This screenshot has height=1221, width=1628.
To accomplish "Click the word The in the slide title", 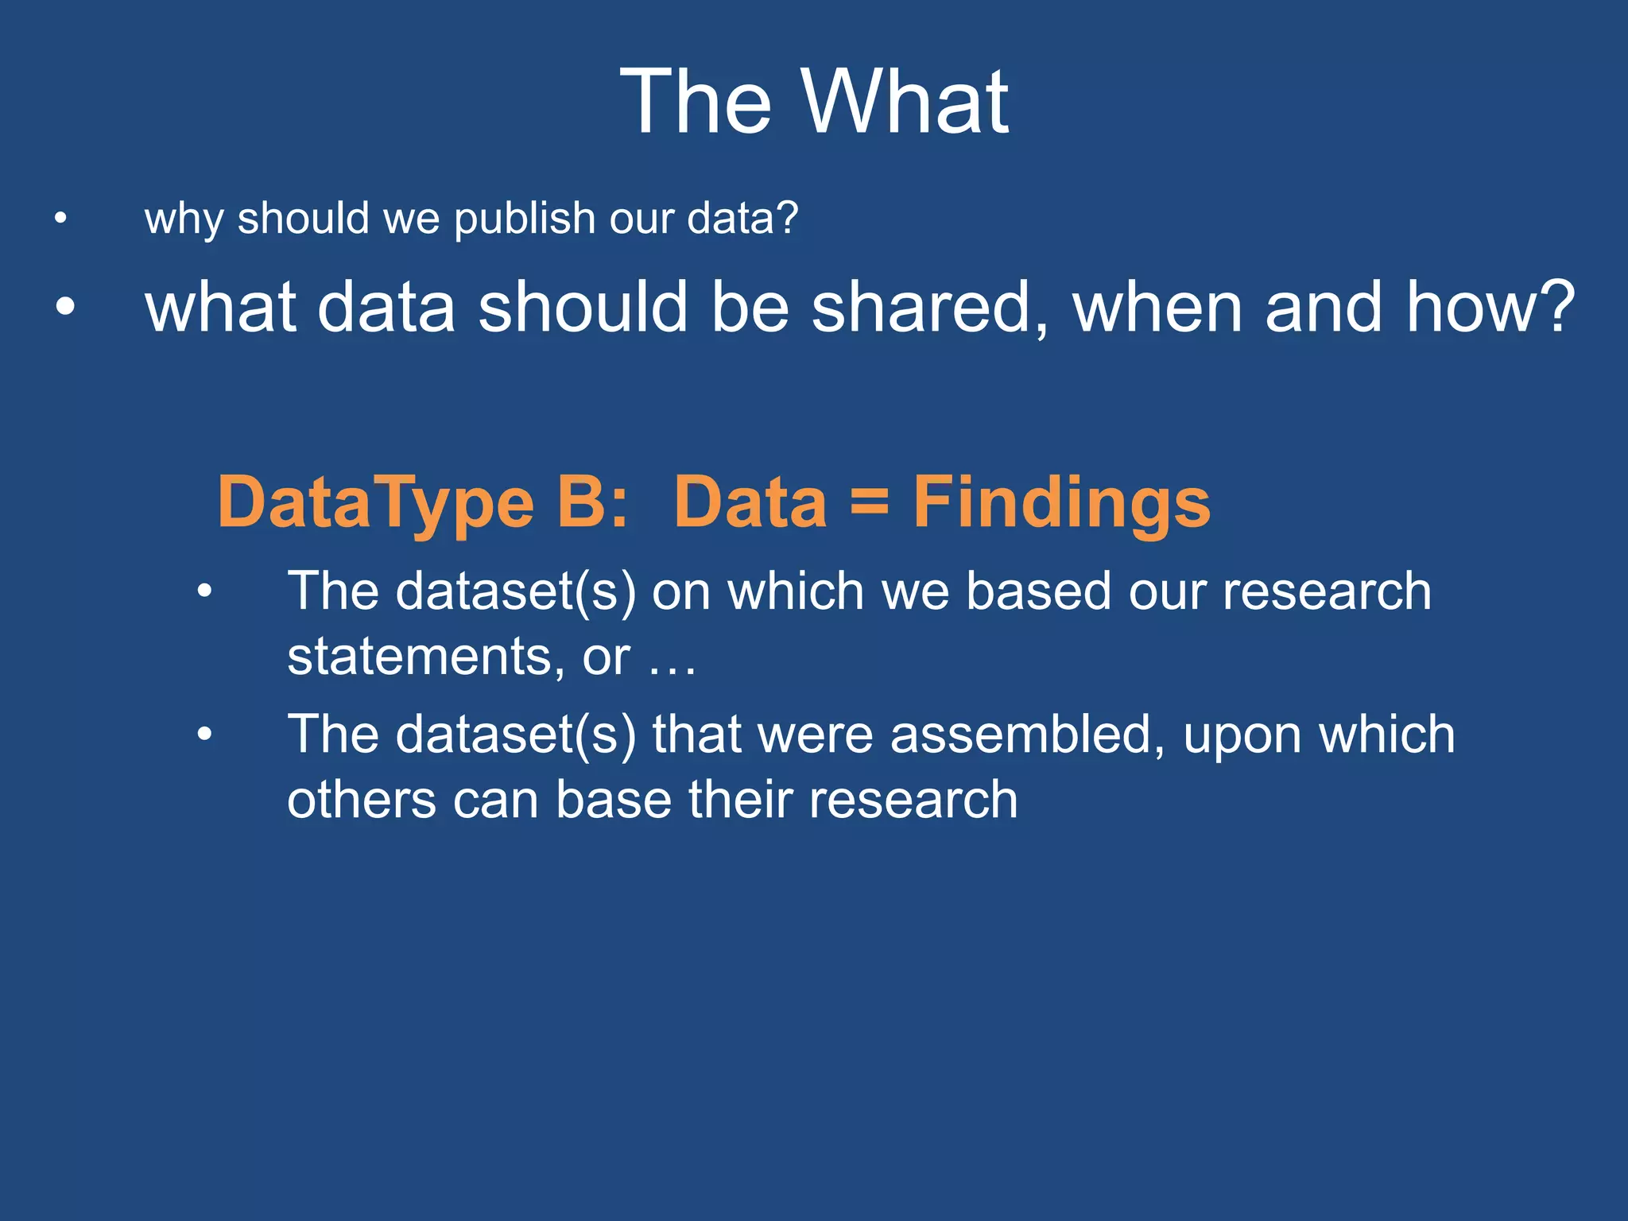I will (696, 102).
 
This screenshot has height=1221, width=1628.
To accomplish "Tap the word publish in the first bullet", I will (525, 219).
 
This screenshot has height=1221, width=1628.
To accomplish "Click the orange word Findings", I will (1061, 503).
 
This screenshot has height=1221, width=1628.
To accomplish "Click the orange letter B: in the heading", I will (592, 503).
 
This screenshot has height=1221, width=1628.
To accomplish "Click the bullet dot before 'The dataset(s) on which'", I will (204, 591).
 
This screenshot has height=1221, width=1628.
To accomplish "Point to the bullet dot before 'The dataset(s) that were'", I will (204, 734).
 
